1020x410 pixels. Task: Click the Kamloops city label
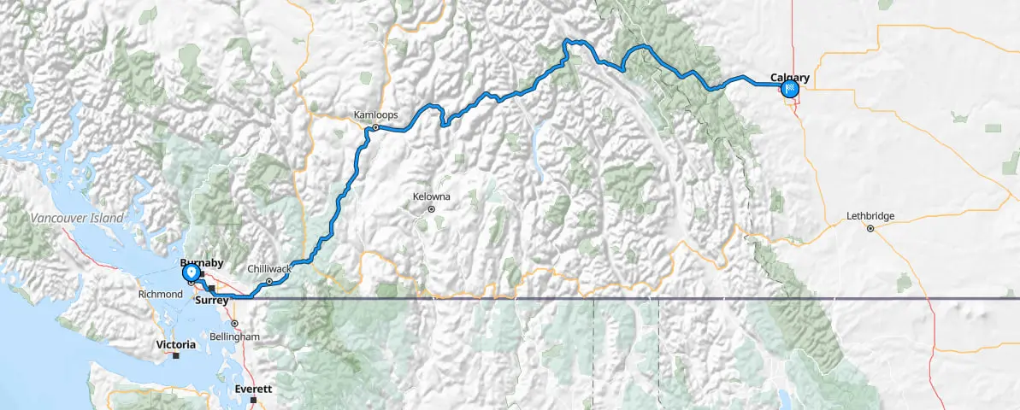click(370, 114)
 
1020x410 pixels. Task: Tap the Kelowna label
click(431, 196)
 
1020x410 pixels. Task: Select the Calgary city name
click(789, 77)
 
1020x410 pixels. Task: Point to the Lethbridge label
click(870, 216)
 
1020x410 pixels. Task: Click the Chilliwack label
click(269, 268)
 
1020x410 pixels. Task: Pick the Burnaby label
click(201, 264)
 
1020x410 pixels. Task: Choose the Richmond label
click(161, 294)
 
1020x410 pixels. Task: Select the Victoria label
click(175, 344)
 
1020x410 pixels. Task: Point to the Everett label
click(253, 389)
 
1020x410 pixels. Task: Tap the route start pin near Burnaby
click(191, 272)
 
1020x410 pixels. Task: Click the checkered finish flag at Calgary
click(791, 88)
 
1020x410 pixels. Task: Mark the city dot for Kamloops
click(374, 128)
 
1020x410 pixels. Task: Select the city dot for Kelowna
click(432, 208)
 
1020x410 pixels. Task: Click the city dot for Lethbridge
click(870, 228)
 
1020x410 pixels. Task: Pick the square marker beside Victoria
click(175, 356)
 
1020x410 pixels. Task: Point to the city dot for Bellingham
click(233, 324)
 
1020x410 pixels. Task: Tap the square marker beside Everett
click(254, 400)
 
